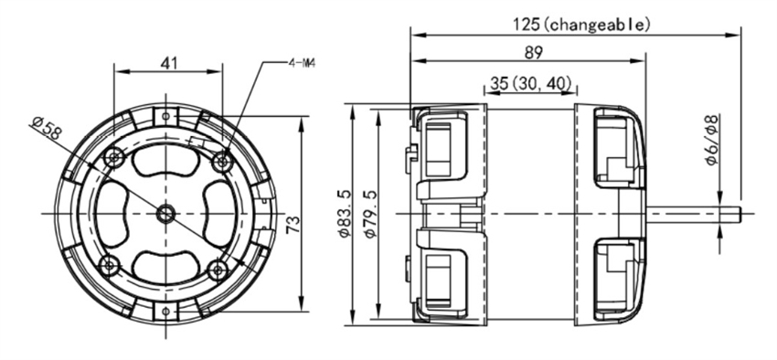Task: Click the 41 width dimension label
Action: pos(168,63)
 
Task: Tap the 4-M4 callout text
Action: pos(303,63)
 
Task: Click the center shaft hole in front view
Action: pos(165,213)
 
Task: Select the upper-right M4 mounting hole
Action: pos(219,161)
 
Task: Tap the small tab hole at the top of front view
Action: pos(166,115)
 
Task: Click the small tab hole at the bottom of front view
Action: pos(166,315)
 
